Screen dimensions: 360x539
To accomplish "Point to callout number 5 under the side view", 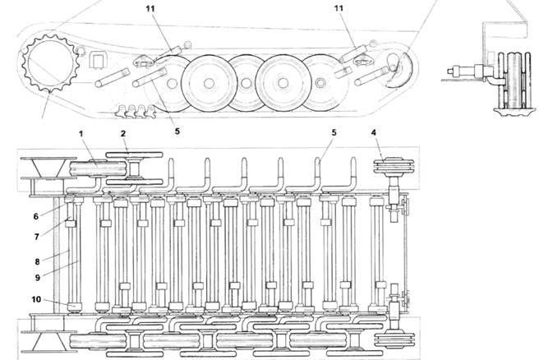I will pyautogui.click(x=177, y=130).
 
